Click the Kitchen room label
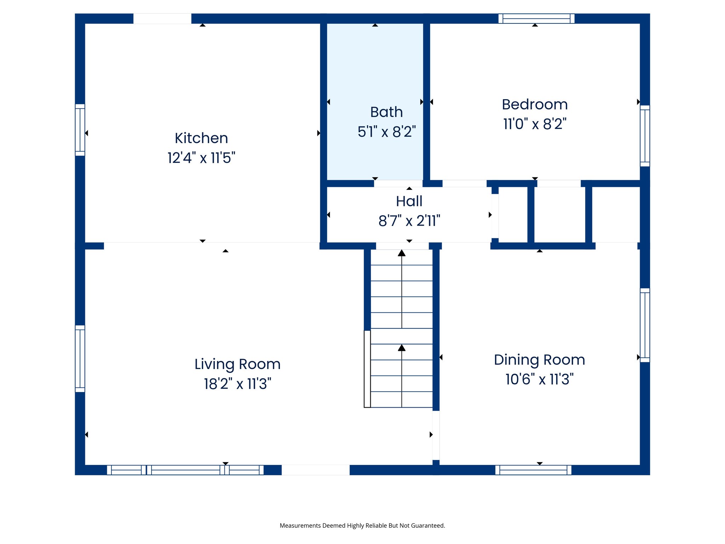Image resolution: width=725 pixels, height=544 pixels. click(201, 138)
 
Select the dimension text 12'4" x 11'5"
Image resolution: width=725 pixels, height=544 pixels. click(201, 158)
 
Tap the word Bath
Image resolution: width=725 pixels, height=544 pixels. click(386, 112)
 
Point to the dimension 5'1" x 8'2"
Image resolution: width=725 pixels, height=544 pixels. click(386, 132)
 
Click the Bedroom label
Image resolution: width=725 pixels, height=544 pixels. click(535, 104)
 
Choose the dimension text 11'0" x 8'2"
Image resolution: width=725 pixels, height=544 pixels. click(535, 124)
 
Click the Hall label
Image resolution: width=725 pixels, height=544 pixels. click(409, 201)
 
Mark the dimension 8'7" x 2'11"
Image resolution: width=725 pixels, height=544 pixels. click(409, 221)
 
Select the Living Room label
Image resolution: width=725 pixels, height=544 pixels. click(237, 364)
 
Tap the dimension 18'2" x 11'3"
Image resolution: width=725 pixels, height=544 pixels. click(237, 384)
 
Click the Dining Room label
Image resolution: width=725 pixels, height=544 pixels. click(539, 359)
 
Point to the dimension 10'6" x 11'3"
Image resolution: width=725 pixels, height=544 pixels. click(539, 379)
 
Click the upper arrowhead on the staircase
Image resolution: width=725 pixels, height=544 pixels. click(401, 253)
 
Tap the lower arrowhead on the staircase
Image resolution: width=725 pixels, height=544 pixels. click(401, 348)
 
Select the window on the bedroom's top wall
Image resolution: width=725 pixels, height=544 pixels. click(536, 18)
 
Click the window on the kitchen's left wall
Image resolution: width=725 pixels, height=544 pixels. click(80, 130)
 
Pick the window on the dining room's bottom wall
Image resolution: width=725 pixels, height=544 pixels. click(533, 470)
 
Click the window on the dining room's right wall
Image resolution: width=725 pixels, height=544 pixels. click(645, 325)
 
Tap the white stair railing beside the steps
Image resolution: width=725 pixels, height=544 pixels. click(367, 369)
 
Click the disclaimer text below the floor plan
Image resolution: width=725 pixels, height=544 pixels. click(362, 526)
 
